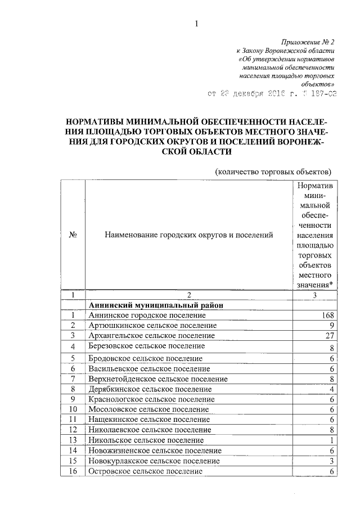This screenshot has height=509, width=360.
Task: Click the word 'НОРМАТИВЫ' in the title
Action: pos(96,121)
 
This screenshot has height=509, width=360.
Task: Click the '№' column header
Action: pos(73,235)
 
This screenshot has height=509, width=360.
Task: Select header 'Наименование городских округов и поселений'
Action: pos(188,235)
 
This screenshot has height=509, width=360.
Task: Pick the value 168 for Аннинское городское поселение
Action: pos(327,316)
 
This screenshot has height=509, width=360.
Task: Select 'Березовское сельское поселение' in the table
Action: pos(146,346)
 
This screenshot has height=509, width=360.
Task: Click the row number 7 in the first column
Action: pos(73,379)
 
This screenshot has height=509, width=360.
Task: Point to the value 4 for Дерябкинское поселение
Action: pos(332,389)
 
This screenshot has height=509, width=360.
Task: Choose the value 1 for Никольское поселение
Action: pos(332,440)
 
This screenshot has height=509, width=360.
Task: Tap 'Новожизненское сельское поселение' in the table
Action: pos(155,451)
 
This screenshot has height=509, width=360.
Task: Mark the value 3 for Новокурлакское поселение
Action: pos(332,461)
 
